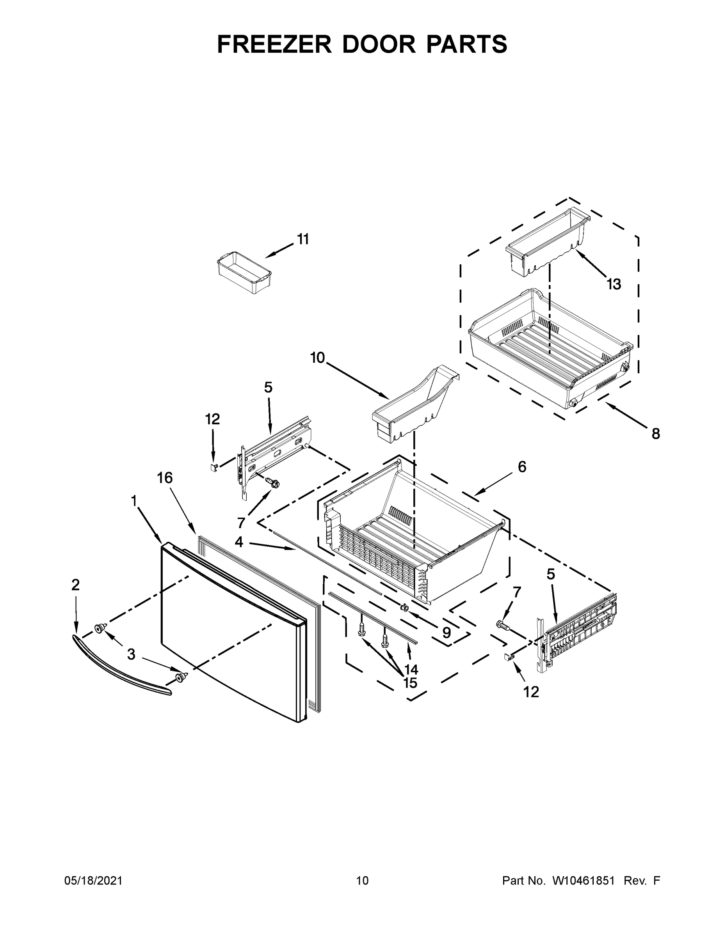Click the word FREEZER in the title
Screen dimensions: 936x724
[x=274, y=44]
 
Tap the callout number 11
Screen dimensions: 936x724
[x=303, y=239]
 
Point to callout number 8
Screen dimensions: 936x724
[x=655, y=434]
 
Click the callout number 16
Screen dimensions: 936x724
[x=165, y=477]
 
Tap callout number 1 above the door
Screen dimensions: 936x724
[x=134, y=500]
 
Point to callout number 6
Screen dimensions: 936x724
[x=521, y=467]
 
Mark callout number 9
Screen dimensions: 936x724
[x=446, y=632]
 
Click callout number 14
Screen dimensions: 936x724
[x=411, y=669]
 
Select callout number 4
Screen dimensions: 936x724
[x=239, y=542]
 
